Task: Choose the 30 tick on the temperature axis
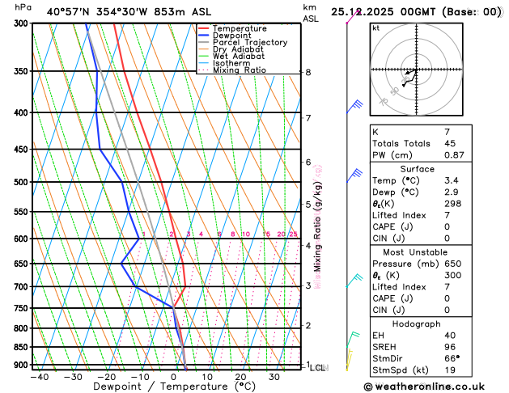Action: click(274, 377)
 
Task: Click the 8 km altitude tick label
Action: click(308, 73)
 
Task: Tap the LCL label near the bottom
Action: click(318, 368)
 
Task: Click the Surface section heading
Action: click(434, 169)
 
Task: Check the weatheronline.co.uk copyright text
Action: click(432, 387)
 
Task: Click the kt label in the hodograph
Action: click(375, 27)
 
